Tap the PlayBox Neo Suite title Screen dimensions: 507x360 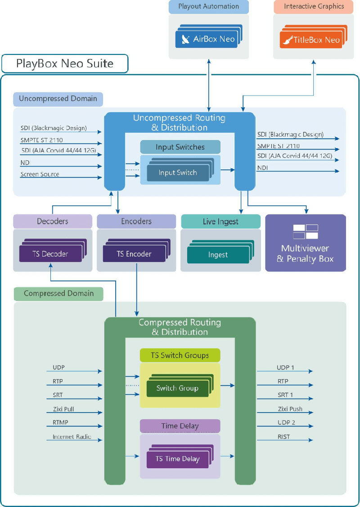coord(65,63)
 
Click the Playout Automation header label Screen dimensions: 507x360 coord(208,6)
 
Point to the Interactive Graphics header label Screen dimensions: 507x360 coord(314,6)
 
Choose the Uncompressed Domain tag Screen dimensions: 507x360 coord(58,99)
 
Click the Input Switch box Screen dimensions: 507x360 coord(178,173)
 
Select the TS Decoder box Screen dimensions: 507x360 coord(50,254)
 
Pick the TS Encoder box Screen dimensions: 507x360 coord(134,254)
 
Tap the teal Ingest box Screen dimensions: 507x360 coord(218,255)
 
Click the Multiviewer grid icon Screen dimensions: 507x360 coord(306,231)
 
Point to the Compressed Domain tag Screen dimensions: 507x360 coord(59,294)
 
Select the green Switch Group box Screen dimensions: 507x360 coord(177,388)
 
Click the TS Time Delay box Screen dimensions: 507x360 coord(177,459)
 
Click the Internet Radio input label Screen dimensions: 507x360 coord(72,437)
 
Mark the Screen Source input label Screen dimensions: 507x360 coord(40,174)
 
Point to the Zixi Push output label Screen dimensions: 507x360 coord(290,409)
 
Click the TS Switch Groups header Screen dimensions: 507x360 coord(180,355)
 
